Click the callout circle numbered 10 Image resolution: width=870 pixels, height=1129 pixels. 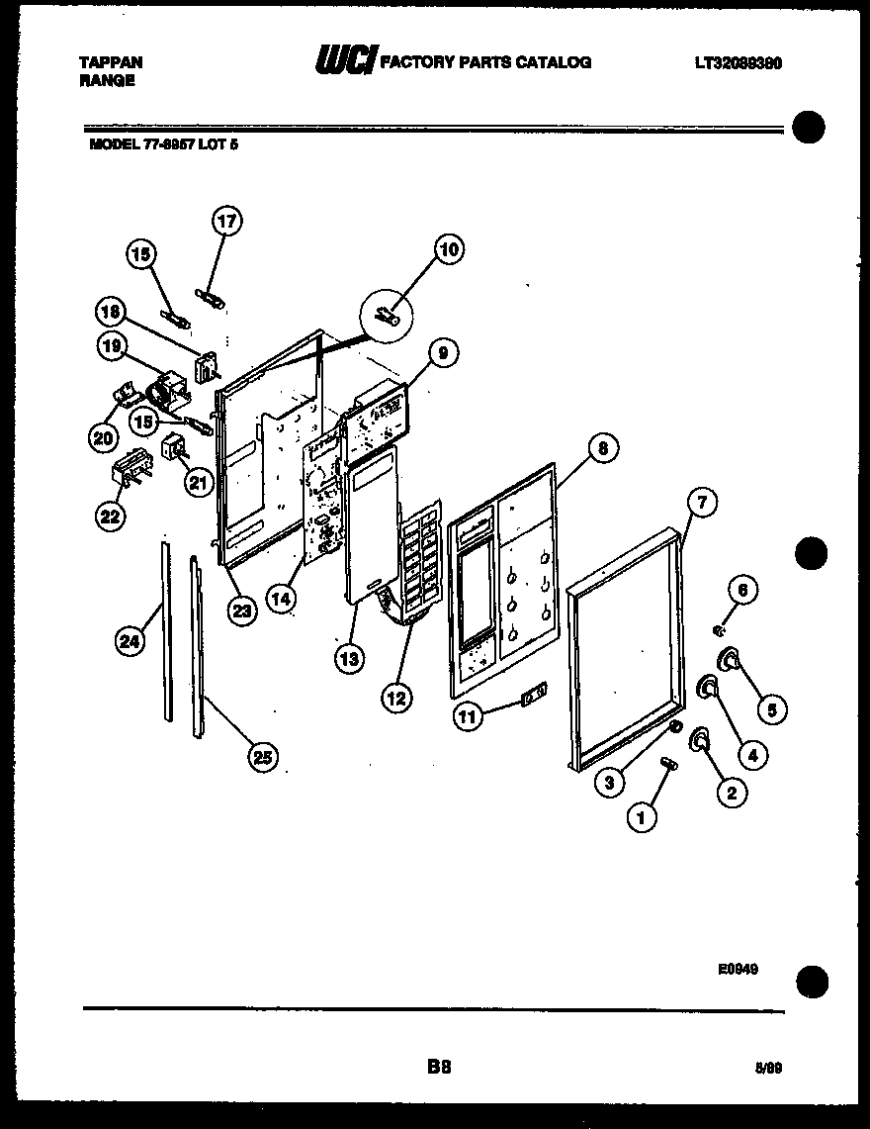449,249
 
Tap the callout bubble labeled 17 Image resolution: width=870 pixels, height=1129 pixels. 227,222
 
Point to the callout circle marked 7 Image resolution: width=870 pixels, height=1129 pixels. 699,502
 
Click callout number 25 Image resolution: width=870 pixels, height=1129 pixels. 260,757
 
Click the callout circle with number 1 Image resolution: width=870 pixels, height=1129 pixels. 643,816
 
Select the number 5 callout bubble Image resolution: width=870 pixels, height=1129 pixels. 772,707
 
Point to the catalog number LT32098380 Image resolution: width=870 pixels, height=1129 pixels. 739,62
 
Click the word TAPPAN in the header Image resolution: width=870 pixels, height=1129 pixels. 111,62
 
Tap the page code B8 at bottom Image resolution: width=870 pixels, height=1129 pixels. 439,1066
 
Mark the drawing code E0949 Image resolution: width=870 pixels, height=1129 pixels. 738,971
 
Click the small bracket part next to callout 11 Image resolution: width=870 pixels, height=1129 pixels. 535,698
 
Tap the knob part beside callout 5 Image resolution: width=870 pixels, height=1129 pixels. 732,658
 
